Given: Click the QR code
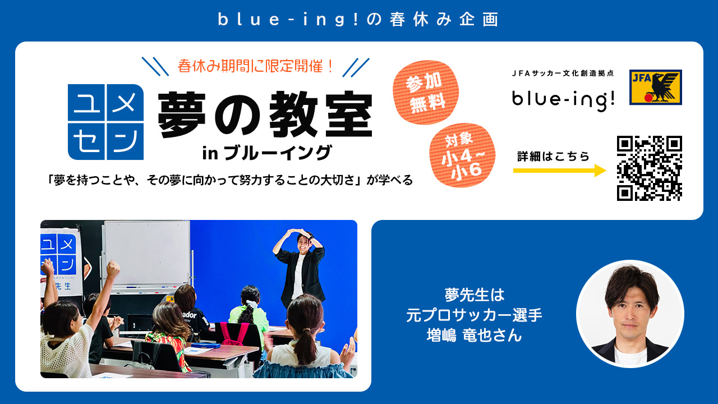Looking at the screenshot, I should pyautogui.click(x=649, y=168).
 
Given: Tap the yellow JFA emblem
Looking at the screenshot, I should pyautogui.click(x=655, y=87).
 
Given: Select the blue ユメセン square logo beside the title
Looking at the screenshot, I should pyautogui.click(x=105, y=122).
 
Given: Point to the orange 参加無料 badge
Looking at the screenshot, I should pyautogui.click(x=426, y=92).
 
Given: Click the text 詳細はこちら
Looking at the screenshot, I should pyautogui.click(x=553, y=157).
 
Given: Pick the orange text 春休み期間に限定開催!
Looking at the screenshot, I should pyautogui.click(x=256, y=66).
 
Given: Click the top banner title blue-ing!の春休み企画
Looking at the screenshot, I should pyautogui.click(x=358, y=19).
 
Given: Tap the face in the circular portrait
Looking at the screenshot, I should pyautogui.click(x=629, y=304).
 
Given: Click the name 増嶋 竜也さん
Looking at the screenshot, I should pyautogui.click(x=474, y=336).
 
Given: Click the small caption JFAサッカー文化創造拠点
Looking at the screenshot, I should pyautogui.click(x=563, y=74).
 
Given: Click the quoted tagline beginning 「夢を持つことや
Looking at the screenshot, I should pyautogui.click(x=230, y=180).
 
